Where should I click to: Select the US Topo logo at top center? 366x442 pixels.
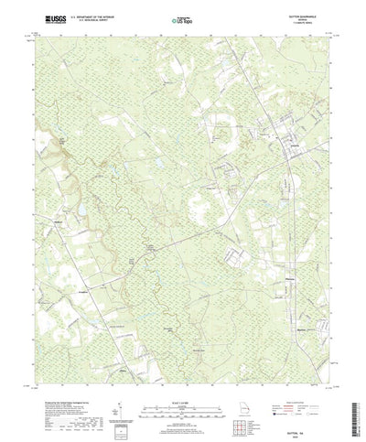pyautogui.click(x=182, y=17)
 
